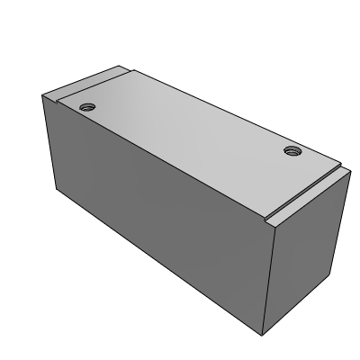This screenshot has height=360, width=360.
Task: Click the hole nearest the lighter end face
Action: pos(292,150)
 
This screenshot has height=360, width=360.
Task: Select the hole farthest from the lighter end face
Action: pos(86,106)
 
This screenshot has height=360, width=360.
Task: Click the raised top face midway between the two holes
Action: pos(189,128)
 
